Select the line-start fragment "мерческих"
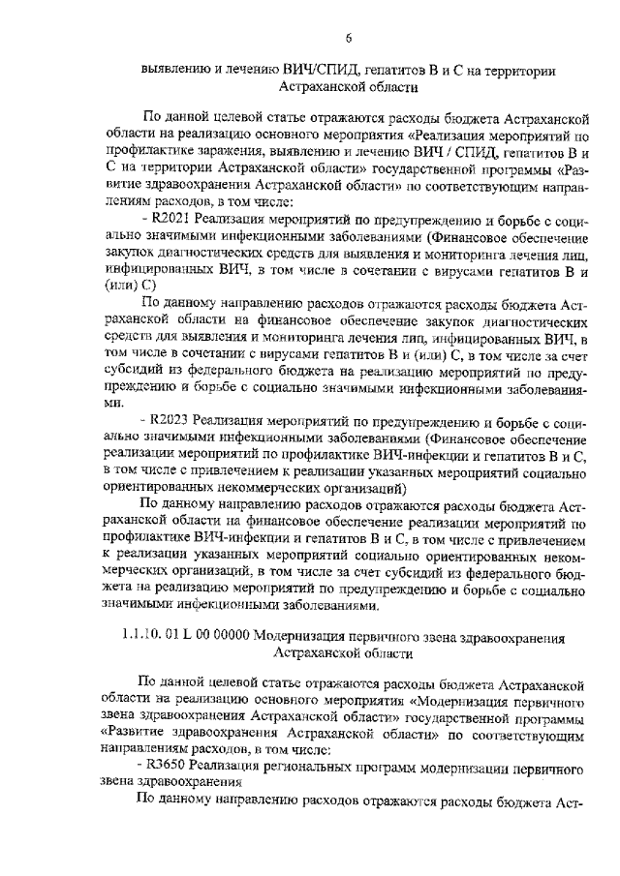coord(138,572)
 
